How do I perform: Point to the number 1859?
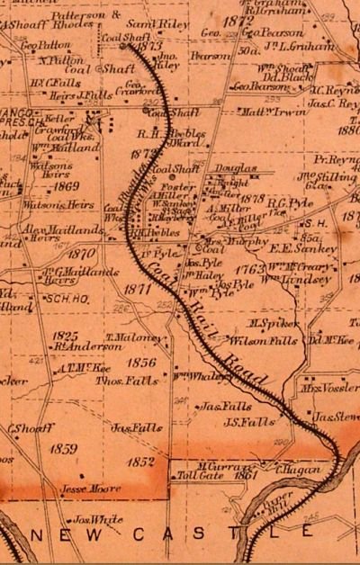point(63,448)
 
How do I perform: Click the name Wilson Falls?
point(251,341)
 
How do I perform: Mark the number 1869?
point(66,186)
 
